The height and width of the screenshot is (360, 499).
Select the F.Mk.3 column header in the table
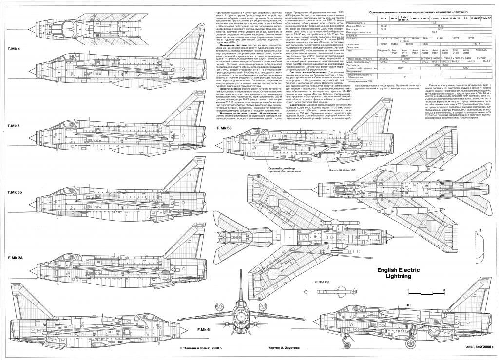point(427,18)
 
